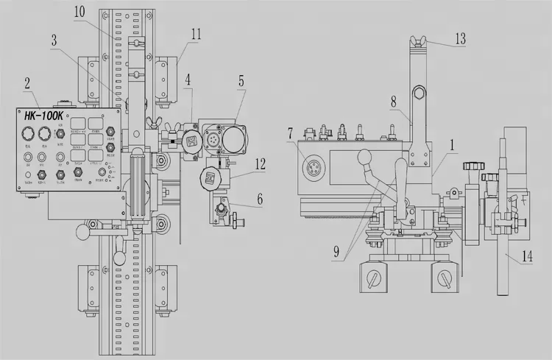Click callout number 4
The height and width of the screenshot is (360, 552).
click(x=188, y=80)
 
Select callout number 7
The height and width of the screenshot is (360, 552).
click(x=291, y=133)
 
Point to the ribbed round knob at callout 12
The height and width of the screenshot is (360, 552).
click(x=210, y=177)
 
